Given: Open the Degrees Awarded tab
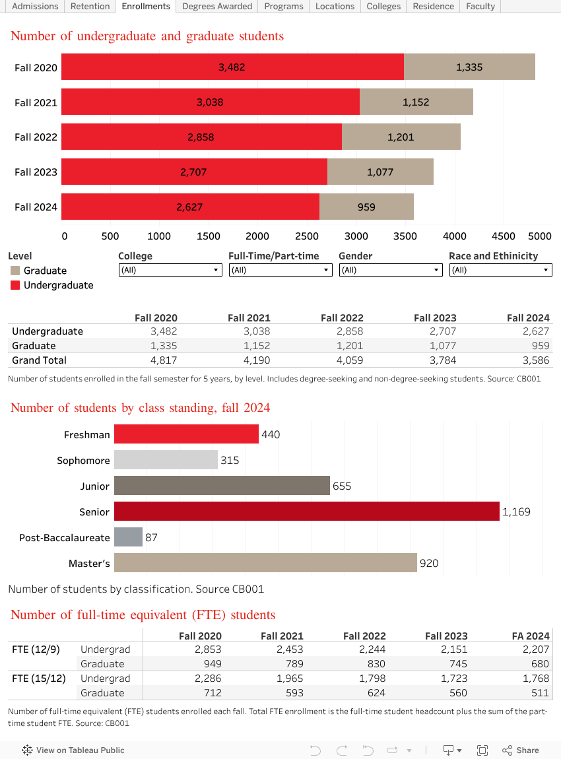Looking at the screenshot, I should tap(217, 6).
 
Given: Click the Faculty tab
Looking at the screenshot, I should tap(480, 6).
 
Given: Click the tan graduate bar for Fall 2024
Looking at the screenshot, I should tap(366, 207).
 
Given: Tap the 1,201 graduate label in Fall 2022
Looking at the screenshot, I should tap(401, 137).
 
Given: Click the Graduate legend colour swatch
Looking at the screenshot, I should tap(15, 271).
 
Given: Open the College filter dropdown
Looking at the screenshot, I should tap(170, 270).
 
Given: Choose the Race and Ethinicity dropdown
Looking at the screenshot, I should tap(500, 270).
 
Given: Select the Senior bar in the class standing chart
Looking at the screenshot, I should tap(306, 511).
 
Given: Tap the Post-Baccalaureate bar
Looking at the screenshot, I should tap(128, 537).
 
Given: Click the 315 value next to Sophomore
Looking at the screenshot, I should tap(230, 460).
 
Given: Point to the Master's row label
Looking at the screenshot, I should tap(89, 564).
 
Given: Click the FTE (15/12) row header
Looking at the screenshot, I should tap(39, 678).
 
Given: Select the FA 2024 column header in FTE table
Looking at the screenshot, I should tap(531, 636).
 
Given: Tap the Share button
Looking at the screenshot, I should tap(521, 750).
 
